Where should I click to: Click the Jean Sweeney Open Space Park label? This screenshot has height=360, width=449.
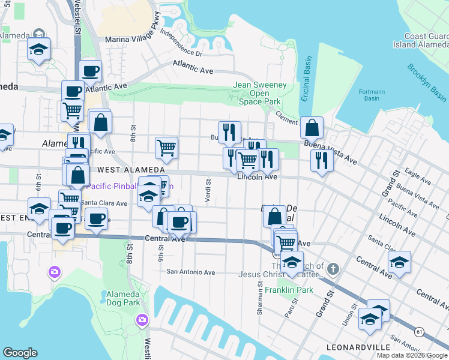[x=259, y=93]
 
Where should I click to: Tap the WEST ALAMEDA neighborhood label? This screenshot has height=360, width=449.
[x=127, y=170]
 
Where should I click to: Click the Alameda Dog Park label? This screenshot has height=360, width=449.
[x=122, y=299]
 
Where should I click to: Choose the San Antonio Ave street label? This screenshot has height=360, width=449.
[x=190, y=272]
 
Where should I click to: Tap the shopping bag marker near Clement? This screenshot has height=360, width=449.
[x=312, y=127]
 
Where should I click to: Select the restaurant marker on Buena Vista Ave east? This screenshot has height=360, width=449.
[x=322, y=160]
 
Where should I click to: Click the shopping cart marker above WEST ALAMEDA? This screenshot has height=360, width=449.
[x=166, y=146]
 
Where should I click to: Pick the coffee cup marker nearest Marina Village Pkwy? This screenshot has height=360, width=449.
[x=91, y=71]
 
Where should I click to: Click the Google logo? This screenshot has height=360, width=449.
[x=20, y=352]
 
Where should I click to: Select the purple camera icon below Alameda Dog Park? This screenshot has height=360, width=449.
[x=142, y=319]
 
